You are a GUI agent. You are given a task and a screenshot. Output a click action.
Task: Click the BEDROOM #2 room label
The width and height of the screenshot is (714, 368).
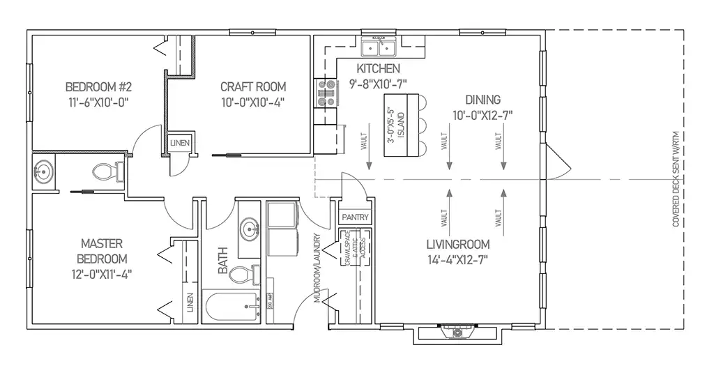[x=98, y=87]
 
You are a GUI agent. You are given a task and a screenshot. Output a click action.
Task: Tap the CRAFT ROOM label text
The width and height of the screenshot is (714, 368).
[x=253, y=87]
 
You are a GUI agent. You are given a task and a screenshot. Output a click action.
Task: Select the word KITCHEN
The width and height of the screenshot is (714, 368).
[x=378, y=69]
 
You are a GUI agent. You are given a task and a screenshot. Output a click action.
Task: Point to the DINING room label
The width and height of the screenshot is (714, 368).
[x=482, y=99]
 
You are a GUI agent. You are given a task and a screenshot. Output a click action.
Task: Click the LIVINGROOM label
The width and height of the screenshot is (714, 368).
[x=458, y=245]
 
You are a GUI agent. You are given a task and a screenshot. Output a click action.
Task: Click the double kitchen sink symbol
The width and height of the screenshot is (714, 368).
[x=377, y=48]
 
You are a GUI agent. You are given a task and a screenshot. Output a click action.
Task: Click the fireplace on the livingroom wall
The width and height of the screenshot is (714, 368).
[x=457, y=333]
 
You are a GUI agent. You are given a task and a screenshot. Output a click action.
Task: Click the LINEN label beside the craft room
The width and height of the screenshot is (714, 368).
[x=180, y=144]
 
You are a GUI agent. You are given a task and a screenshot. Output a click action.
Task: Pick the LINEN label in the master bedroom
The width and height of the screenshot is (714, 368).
[x=190, y=304]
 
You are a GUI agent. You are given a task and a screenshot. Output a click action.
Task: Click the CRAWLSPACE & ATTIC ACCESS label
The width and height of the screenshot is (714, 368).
[x=354, y=250]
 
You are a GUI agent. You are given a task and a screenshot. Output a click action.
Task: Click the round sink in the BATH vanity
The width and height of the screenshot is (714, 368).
[x=250, y=228]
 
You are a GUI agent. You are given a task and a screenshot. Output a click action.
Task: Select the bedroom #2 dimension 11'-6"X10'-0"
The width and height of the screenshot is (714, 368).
[x=98, y=102]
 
